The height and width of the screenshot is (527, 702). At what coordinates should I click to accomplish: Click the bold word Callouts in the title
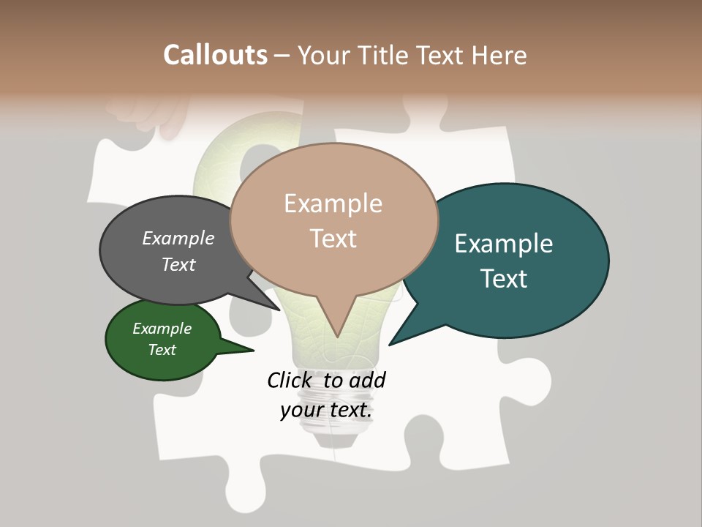point(215,56)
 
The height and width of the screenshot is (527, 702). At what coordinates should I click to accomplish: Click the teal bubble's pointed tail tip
point(390,344)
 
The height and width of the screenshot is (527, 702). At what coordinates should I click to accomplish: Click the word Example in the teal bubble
point(504,244)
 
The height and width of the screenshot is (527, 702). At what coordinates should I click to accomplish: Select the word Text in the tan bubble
point(333,238)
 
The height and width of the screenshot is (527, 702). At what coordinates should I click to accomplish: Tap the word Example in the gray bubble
point(178,238)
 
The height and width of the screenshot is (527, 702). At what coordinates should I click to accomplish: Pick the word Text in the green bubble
point(162,350)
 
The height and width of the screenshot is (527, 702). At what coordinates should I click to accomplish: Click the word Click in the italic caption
point(290,380)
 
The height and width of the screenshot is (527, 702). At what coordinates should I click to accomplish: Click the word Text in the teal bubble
point(505,279)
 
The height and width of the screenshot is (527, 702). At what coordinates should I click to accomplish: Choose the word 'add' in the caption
point(367,380)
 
